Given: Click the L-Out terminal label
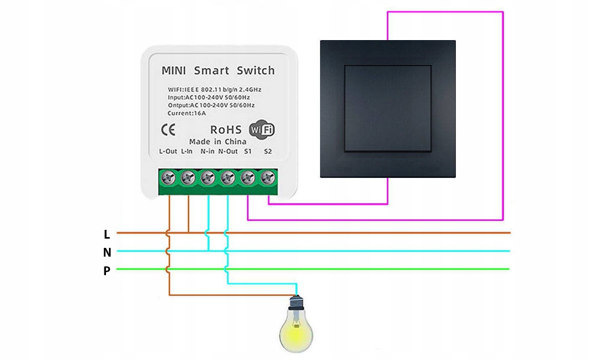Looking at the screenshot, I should point(168,152).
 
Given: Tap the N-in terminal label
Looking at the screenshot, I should point(207,152).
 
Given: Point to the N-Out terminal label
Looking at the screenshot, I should point(228,152).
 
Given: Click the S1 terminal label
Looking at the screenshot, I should point(248,152).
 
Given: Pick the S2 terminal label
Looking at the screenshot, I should point(268,152).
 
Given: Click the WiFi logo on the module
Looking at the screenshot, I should point(261,130).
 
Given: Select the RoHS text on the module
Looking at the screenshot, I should point(226,130).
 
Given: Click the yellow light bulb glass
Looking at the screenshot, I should point(296,329).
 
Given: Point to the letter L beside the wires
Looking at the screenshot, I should point(107,235).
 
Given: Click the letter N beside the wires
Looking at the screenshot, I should point(107,253).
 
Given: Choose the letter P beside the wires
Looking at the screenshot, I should point(107,271).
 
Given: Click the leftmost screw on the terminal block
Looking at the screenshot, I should point(169,178).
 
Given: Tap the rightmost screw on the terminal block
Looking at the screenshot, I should point(267,178).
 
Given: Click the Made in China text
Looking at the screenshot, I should point(218,141).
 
